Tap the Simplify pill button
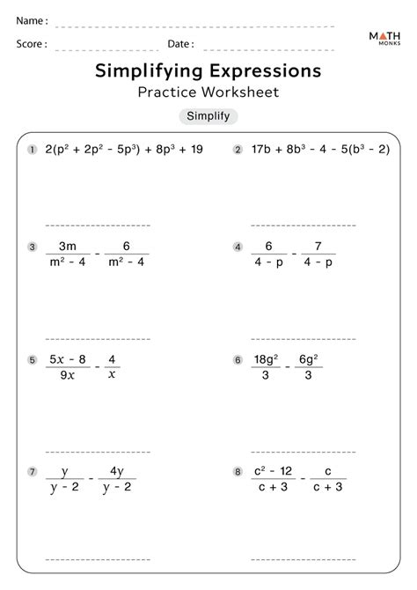tap(208, 116)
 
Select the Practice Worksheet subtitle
tap(208, 91)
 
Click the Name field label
tap(32, 19)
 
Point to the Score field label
tap(32, 43)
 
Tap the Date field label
tap(180, 43)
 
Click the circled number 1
tap(33, 150)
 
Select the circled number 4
tap(238, 247)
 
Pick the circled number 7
tap(33, 473)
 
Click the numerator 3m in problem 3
tap(67, 247)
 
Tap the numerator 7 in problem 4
tap(319, 247)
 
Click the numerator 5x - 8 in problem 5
tap(68, 359)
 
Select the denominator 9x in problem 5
tap(68, 374)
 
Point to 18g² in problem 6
tap(267, 359)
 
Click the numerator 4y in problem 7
tap(117, 472)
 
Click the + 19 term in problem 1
tap(188, 150)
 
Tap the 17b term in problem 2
tap(261, 150)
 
